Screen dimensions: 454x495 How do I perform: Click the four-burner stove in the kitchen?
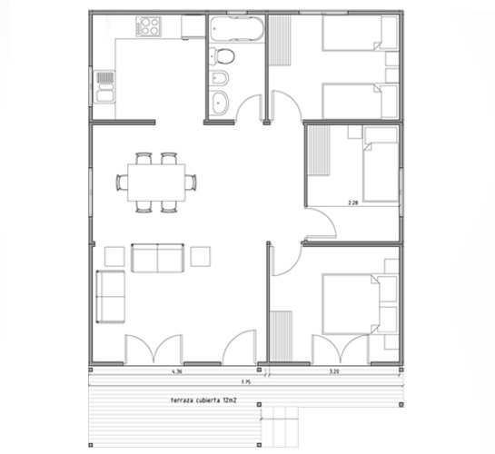(148, 27)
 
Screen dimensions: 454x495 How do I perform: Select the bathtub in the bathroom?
(234, 32)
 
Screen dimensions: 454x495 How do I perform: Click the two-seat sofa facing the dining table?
(158, 258)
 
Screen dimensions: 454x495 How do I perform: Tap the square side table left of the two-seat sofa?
(114, 256)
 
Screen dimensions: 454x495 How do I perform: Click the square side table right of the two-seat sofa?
(201, 256)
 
